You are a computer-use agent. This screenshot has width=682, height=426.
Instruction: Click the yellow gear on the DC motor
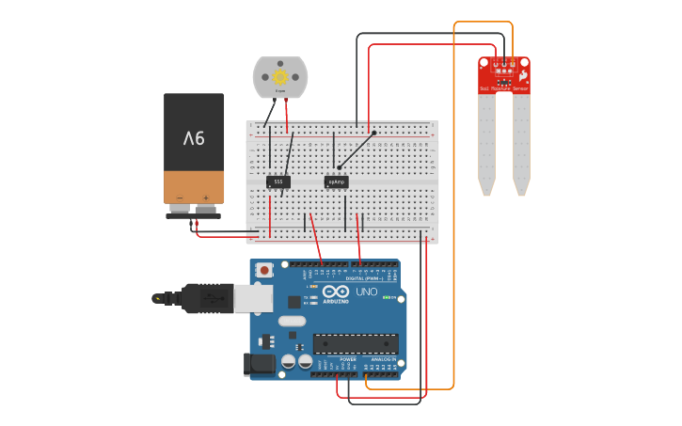point(279,76)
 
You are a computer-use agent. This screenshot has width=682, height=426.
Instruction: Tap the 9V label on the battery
point(194,138)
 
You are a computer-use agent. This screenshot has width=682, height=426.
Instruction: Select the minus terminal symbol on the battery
point(179,197)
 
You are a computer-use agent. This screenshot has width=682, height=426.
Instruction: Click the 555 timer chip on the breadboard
point(278,181)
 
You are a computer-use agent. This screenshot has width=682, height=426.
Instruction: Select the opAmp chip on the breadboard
point(336,181)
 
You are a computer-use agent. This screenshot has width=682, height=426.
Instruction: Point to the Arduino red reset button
point(265,271)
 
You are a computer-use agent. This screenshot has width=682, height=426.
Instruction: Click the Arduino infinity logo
point(336,291)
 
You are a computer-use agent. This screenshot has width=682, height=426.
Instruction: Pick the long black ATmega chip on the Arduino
point(355,343)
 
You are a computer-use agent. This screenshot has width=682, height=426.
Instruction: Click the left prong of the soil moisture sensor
point(485,141)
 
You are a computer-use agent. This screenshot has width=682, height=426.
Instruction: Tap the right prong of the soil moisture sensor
point(521,141)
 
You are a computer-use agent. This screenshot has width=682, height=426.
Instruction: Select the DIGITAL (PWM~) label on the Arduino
point(365,278)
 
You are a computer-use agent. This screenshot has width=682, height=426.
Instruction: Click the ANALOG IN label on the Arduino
point(384,359)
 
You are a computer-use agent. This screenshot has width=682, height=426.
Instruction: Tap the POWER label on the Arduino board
point(347,359)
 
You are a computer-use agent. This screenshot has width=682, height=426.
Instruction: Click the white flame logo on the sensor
point(523,73)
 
